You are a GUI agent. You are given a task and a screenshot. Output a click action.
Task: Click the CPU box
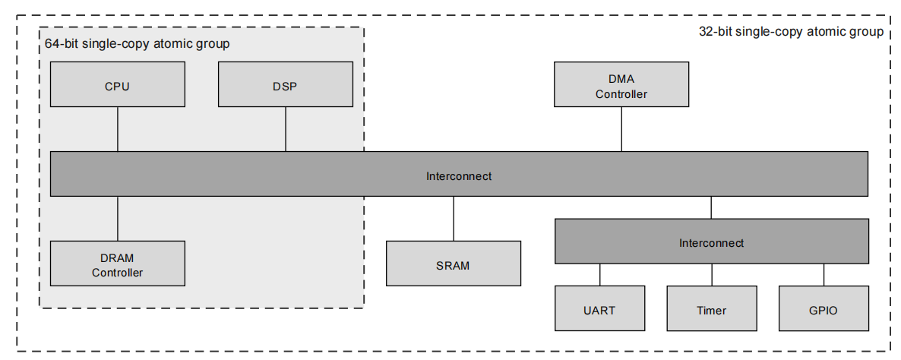tap(117, 84)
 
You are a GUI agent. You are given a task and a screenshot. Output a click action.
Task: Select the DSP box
tap(285, 84)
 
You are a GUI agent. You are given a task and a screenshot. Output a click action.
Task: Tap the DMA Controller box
tap(621, 84)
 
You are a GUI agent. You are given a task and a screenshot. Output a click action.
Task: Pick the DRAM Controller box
tap(117, 264)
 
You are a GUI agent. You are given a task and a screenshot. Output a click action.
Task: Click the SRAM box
tap(453, 264)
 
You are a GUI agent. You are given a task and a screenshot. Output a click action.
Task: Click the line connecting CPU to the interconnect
tap(118, 129)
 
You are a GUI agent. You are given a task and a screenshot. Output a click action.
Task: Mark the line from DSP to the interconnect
tap(286, 129)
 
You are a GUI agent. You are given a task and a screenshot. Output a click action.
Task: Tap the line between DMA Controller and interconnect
tap(621, 129)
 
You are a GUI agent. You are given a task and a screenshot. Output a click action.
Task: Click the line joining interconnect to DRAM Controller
tap(118, 219)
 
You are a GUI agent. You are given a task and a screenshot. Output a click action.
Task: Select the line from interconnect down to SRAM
tap(454, 219)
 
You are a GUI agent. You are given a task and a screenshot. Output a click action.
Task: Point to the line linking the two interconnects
tap(711, 208)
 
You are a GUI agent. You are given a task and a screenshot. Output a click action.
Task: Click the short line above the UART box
tap(599, 275)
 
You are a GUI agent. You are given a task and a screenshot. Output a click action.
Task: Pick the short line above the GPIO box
tap(824, 275)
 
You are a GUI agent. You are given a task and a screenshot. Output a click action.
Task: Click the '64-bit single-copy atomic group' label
tap(137, 44)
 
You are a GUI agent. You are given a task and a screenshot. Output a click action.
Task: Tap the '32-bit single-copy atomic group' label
tap(790, 32)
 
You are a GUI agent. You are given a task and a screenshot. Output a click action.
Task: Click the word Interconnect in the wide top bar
tap(458, 176)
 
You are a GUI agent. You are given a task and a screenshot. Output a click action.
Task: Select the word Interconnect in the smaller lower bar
tap(711, 243)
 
